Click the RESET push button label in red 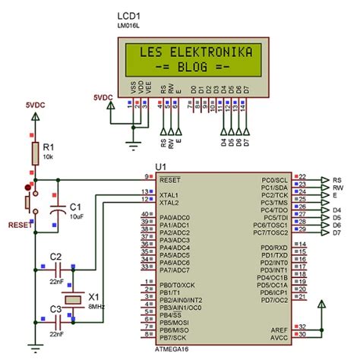(x=19, y=225)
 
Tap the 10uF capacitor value (x=76, y=216)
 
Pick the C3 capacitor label (x=55, y=308)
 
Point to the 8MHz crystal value (x=96, y=305)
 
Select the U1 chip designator (x=160, y=166)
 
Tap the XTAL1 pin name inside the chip (x=170, y=195)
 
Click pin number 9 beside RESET (x=147, y=177)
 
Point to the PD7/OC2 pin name (x=273, y=299)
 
